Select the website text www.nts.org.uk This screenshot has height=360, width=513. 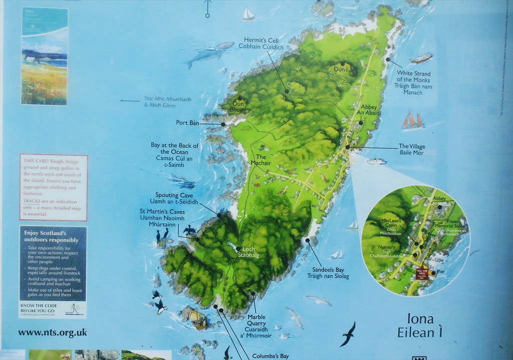point(53,332)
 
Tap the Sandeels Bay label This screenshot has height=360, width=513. point(328,273)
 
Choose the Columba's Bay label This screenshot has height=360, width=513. point(270,356)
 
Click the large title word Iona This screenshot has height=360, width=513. point(420,319)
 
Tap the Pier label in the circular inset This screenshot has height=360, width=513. point(441,272)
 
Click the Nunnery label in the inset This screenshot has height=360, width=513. point(387,247)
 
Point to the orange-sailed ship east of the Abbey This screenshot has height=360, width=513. point(412,120)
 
